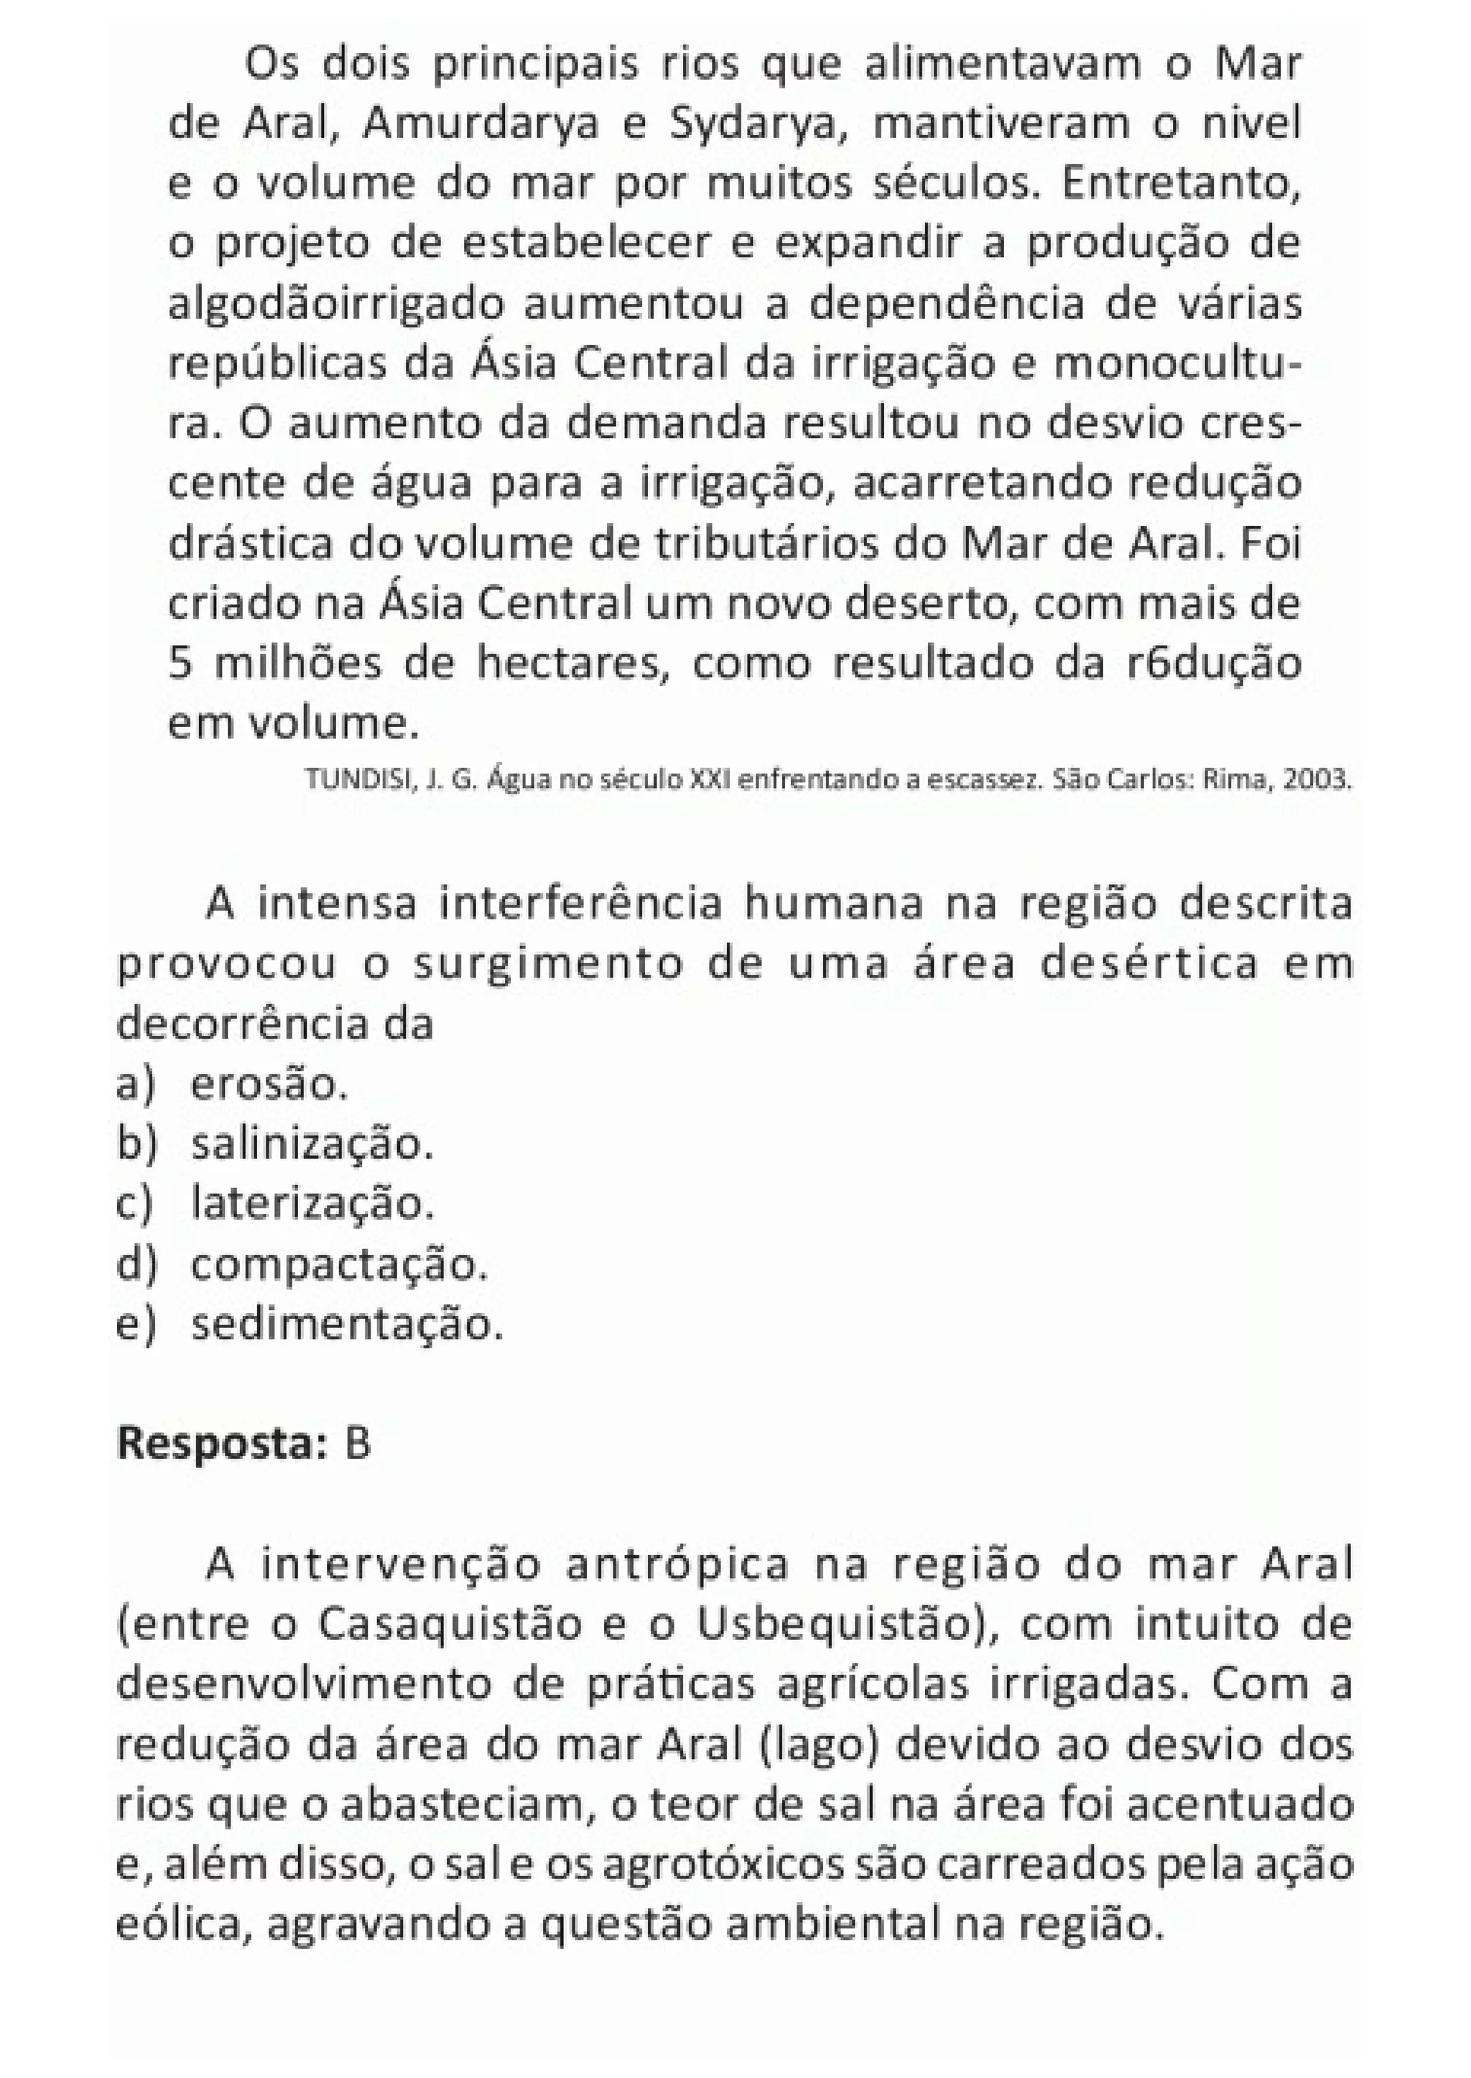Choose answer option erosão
pos(269,1085)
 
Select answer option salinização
pos(312,1144)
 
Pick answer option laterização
pos(312,1204)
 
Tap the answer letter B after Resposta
pos(357,1444)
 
